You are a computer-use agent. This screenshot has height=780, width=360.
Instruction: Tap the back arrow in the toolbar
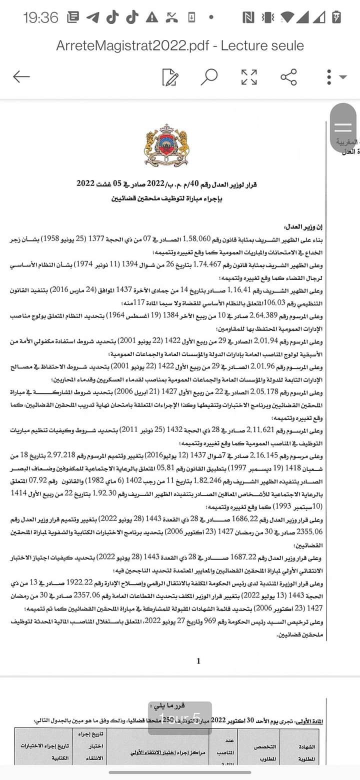click(x=21, y=77)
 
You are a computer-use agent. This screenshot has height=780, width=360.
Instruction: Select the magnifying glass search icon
click(x=209, y=77)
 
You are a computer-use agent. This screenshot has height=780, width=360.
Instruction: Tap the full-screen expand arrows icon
click(x=248, y=77)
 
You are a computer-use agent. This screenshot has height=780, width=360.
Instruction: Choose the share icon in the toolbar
click(x=288, y=77)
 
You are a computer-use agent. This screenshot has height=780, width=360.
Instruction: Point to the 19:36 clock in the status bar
click(x=40, y=18)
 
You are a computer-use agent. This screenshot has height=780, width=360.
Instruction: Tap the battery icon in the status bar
click(x=337, y=17)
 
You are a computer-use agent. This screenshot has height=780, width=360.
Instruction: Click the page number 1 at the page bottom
click(x=198, y=661)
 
